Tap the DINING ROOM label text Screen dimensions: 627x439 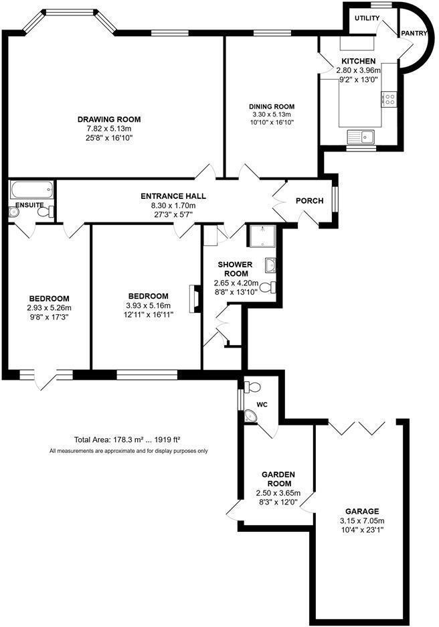(272, 107)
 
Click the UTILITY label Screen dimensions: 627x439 (367, 18)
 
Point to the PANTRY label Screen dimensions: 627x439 (414, 33)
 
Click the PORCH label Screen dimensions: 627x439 (309, 201)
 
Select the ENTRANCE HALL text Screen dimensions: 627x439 (173, 196)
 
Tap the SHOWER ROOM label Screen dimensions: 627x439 (234, 269)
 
